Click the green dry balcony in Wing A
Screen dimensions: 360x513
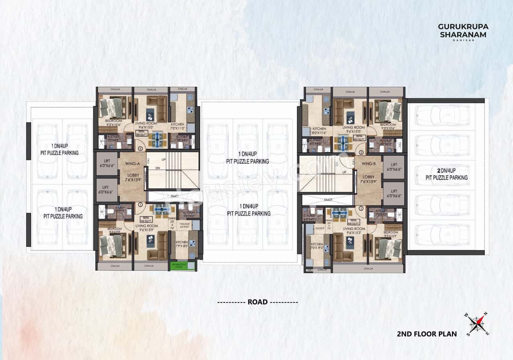182,265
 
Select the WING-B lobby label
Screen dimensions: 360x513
368,164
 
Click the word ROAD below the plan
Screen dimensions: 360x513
257,302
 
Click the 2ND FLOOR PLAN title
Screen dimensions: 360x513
426,334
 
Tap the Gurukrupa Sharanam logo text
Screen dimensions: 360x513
463,31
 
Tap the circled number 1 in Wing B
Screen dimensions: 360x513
361,209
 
